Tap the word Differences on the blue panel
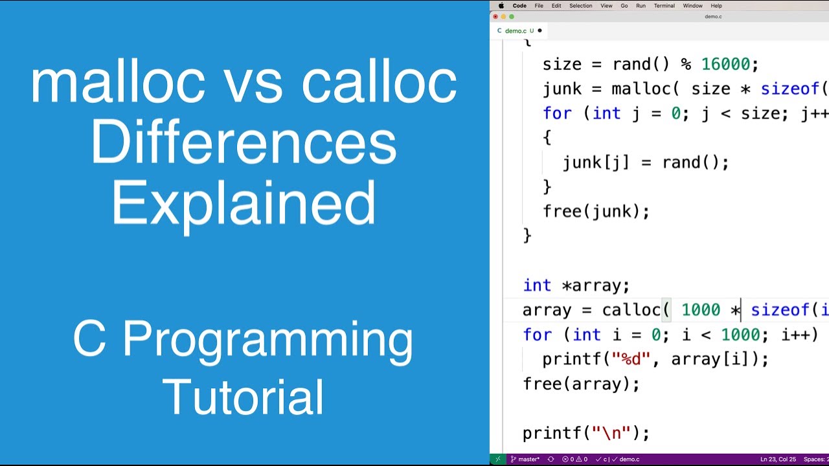[x=244, y=143]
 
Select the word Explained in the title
[x=244, y=203]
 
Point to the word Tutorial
[x=244, y=397]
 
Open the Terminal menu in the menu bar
[x=664, y=6]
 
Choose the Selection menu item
[x=580, y=6]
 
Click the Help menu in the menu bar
[x=716, y=6]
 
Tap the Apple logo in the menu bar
[x=501, y=6]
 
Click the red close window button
[x=495, y=17]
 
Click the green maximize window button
[x=512, y=17]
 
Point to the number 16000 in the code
[x=725, y=65]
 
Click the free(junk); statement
[x=596, y=212]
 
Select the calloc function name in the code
[x=631, y=310]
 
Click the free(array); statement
[x=581, y=384]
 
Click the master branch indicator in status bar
[x=525, y=460]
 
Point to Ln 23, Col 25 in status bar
[x=778, y=460]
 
